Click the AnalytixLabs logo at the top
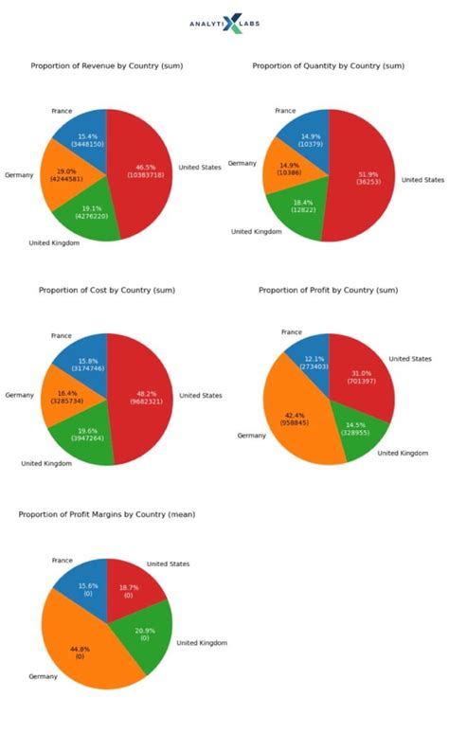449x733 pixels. pos(224,23)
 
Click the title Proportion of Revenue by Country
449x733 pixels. pos(107,66)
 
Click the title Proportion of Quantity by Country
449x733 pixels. pos(329,66)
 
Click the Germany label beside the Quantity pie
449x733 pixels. pos(242,164)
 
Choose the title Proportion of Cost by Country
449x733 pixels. pos(107,290)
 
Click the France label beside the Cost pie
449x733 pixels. pos(62,335)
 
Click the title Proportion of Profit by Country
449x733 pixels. pos(329,290)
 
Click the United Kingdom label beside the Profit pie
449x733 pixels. pos(402,453)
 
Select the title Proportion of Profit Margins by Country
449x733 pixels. pos(114,514)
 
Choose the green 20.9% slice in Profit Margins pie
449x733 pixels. pos(144,635)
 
